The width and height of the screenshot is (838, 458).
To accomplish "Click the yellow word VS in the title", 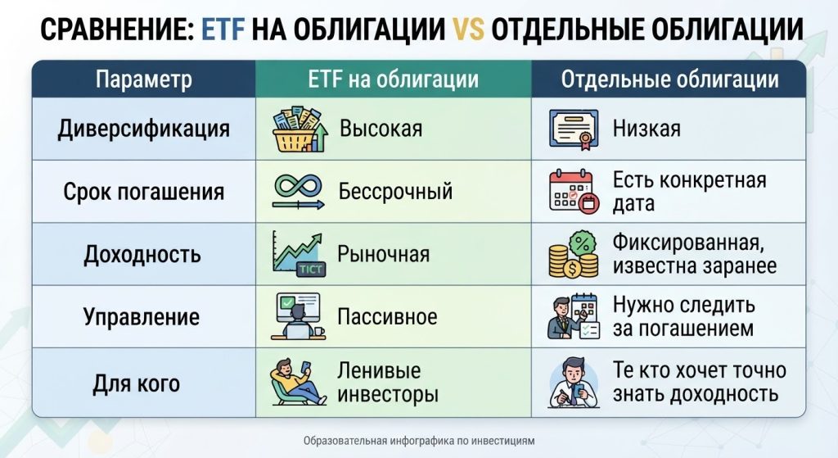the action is coord(467,29).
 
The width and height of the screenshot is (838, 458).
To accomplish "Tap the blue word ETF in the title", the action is coord(223,29).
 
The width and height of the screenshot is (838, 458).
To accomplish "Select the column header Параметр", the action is coord(144,79).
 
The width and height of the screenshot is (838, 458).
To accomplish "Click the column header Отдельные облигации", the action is coord(669,79).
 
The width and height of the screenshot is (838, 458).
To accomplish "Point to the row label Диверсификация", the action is coord(144,129).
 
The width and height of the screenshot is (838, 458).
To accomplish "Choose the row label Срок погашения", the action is coord(144,192).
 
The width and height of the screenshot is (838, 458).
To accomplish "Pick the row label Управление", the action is coord(142,317).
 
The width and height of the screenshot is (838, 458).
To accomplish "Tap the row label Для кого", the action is coord(137,383).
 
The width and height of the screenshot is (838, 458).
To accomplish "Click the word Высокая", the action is coord(381,129).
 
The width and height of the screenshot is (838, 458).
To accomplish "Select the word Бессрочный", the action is coord(395,191).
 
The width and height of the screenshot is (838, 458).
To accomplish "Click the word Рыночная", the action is coord(383,254).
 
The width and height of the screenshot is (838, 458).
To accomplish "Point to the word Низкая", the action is coord(647,129).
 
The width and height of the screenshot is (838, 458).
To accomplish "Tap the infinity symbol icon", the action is coord(298,186).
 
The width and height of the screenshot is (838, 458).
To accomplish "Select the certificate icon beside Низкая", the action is coord(574,129).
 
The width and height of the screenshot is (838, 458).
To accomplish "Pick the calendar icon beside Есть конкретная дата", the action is coord(574,192).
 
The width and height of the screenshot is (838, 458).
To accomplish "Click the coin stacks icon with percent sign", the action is coord(574,255).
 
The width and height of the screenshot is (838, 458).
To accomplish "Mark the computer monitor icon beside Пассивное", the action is coord(298,316).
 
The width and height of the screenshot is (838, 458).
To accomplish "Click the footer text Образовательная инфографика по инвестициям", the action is coord(419,441).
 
